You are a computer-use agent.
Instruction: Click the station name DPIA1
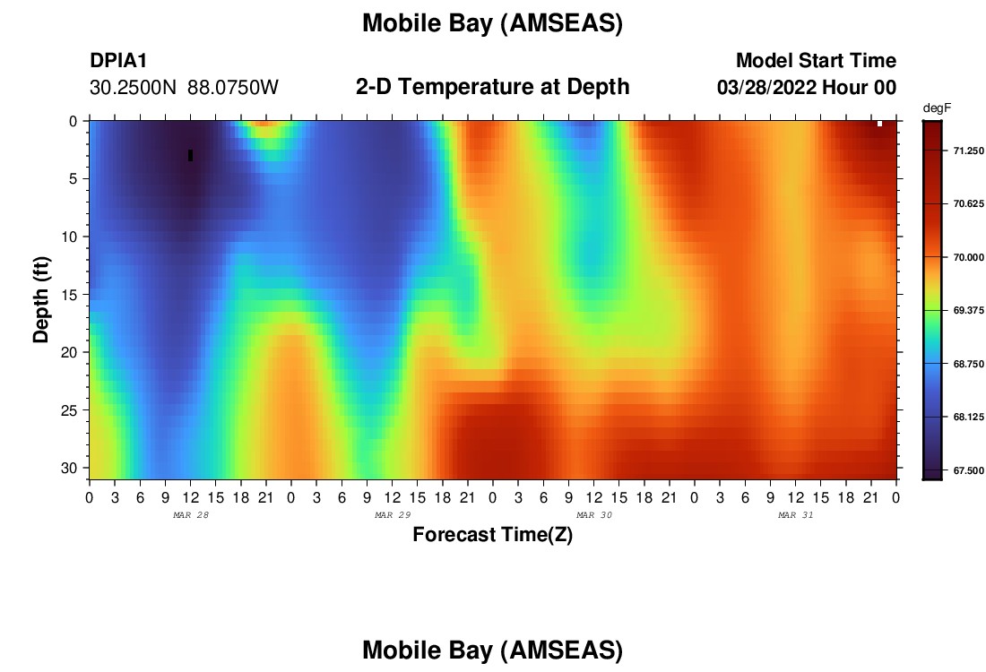(118, 60)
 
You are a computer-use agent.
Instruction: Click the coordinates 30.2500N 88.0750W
(184, 88)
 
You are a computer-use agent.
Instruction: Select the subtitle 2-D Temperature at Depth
(492, 87)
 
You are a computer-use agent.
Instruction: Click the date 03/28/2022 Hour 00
(807, 88)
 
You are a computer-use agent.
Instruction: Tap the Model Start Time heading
(817, 60)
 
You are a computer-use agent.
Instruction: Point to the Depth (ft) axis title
(41, 299)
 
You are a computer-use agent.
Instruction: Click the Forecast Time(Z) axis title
(492, 534)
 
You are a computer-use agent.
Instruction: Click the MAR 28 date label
(191, 515)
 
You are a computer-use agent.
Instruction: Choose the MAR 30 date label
(594, 515)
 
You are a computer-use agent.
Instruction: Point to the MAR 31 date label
(795, 515)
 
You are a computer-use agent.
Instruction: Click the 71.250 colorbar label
(968, 151)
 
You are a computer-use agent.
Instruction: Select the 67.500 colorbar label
(968, 470)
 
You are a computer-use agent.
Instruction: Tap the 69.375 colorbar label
(968, 311)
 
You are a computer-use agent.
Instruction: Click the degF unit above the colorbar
(937, 108)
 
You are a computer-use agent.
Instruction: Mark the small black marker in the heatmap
(191, 155)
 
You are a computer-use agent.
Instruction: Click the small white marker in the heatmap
(879, 124)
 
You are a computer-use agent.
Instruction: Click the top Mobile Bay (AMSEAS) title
(492, 23)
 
